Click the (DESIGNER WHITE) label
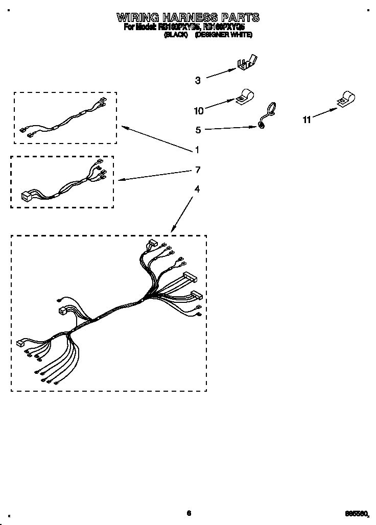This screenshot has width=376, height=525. click(x=224, y=35)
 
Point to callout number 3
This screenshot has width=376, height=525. click(x=198, y=80)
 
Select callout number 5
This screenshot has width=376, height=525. click(x=198, y=130)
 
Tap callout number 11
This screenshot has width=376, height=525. click(x=307, y=120)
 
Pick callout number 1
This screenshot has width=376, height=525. click(x=197, y=150)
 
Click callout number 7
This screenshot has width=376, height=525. click(x=198, y=170)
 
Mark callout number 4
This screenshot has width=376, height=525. click(x=197, y=189)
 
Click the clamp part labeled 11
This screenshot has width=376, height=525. click(x=347, y=100)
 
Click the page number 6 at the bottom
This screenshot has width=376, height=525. click(x=189, y=513)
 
